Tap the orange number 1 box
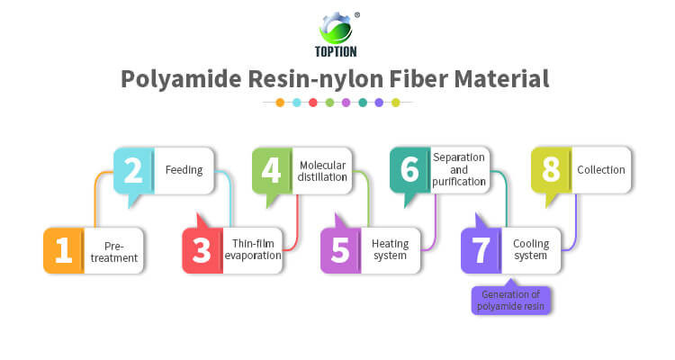point(63,251)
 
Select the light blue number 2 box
point(133,170)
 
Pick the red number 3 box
point(202,251)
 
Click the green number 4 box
point(271,170)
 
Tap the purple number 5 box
point(340,251)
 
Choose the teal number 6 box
point(409,170)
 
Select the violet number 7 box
point(480,251)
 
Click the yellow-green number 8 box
point(549,170)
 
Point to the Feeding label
point(184,169)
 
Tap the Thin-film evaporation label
point(253,250)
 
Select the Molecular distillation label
point(322,169)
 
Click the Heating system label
point(391,250)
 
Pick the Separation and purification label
point(460,169)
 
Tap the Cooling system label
point(530,250)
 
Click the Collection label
point(600,169)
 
